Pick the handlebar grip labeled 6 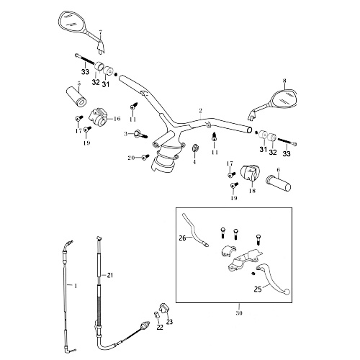[x=279, y=183]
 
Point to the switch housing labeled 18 [x=248, y=173]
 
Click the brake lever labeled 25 [x=274, y=279]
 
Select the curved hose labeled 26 [x=194, y=230]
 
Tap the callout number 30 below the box [x=239, y=313]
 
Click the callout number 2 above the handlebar [x=201, y=111]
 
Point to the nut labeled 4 [x=195, y=148]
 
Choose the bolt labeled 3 [x=141, y=134]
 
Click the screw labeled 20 [x=145, y=157]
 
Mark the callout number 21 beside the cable [x=110, y=275]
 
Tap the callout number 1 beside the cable [x=76, y=286]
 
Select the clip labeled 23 [x=163, y=308]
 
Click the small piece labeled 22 [x=156, y=315]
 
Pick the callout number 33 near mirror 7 [x=85, y=71]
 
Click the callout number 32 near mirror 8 [x=273, y=152]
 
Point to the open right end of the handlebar [x=249, y=130]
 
